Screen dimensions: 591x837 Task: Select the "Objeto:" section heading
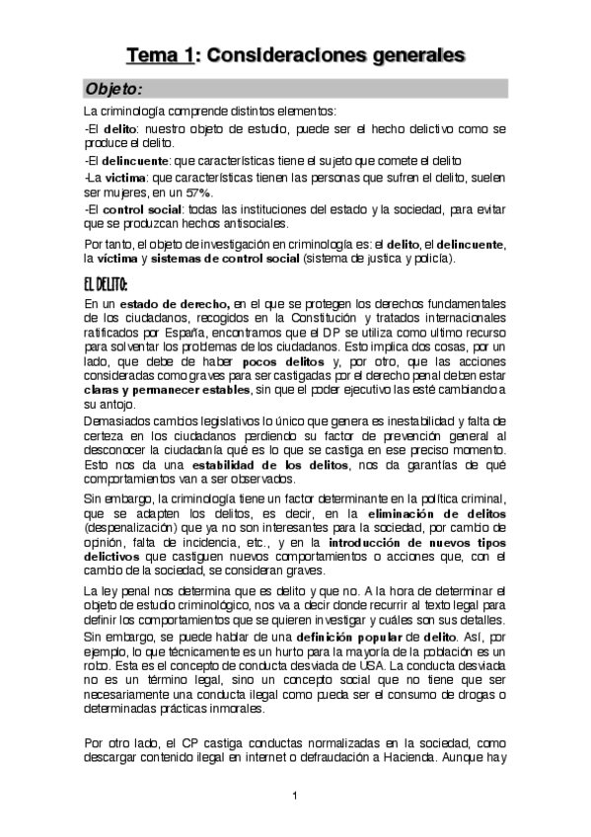115,89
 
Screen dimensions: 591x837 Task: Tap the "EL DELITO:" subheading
111,285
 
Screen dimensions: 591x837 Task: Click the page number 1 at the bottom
294,795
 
